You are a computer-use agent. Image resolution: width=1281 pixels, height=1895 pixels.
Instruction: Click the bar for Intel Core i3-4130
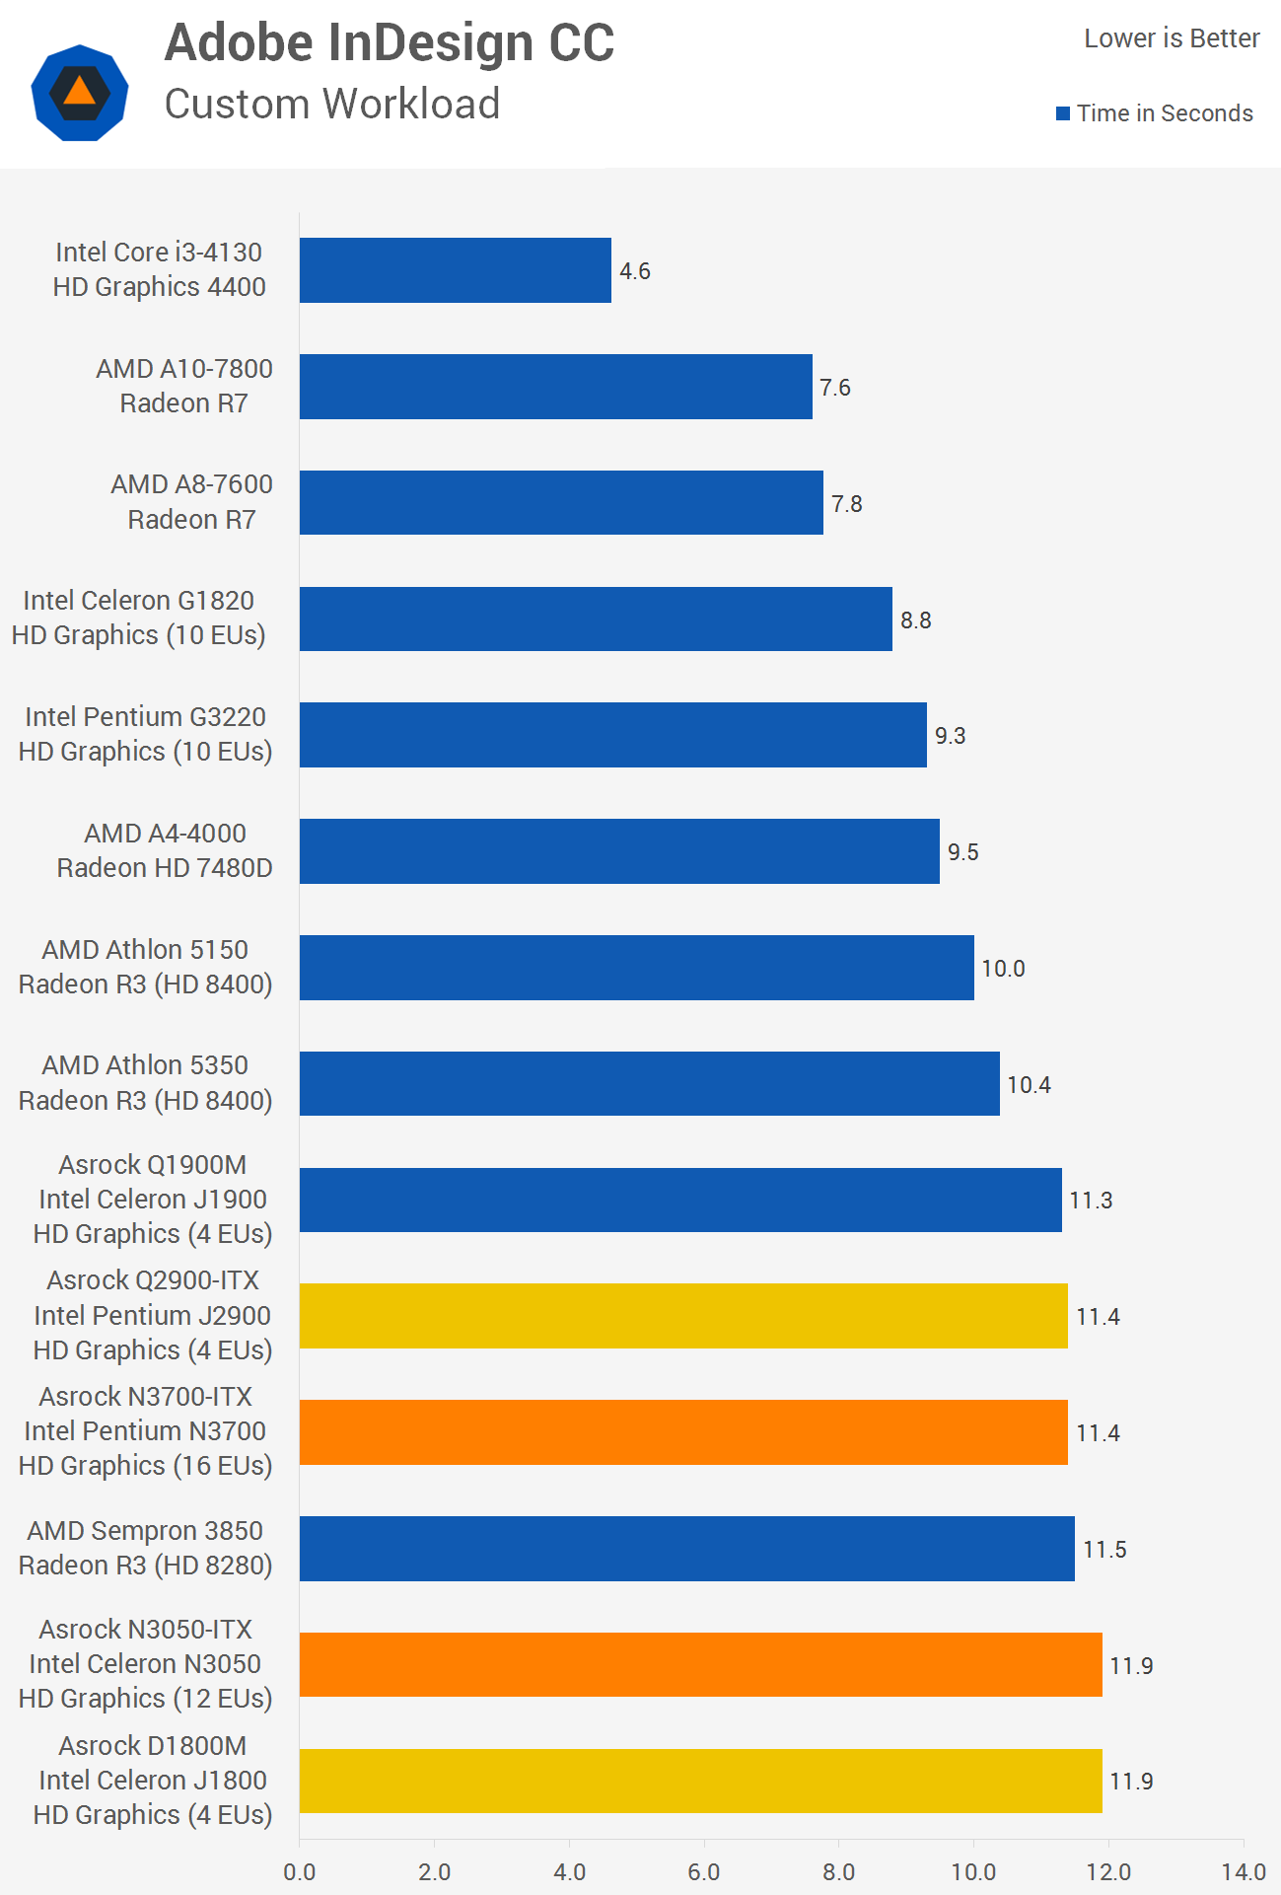(x=455, y=270)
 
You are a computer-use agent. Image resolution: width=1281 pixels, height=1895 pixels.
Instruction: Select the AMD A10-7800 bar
(x=555, y=387)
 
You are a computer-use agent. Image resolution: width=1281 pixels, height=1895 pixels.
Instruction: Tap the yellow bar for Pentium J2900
(x=682, y=1316)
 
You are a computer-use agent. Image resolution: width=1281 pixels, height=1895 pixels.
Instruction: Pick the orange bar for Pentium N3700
(x=682, y=1432)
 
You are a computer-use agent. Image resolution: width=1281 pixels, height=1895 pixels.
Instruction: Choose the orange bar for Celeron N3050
(x=700, y=1665)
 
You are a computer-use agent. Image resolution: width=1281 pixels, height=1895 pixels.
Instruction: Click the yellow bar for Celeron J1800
(x=700, y=1782)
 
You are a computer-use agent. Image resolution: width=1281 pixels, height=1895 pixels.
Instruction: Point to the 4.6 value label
(x=635, y=271)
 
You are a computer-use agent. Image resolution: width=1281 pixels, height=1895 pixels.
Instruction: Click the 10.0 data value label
(x=1003, y=969)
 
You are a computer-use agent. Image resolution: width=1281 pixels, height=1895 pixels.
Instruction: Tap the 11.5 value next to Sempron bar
(x=1104, y=1550)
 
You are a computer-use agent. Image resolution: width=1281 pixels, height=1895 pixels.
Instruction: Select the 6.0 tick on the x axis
(x=704, y=1871)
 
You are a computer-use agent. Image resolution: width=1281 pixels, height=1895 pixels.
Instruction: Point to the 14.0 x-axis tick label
(x=1243, y=1871)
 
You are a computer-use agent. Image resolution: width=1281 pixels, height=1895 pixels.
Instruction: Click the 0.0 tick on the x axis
(x=299, y=1871)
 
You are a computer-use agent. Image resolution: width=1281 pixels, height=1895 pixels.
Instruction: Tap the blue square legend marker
(x=1063, y=113)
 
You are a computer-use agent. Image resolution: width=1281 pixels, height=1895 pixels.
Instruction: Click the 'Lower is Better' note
(x=1172, y=38)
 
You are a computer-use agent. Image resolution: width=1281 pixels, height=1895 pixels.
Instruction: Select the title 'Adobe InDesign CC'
(x=390, y=43)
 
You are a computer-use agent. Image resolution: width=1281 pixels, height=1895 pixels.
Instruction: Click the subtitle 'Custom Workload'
(x=332, y=104)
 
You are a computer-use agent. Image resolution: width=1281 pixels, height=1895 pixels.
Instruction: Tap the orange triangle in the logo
(x=79, y=91)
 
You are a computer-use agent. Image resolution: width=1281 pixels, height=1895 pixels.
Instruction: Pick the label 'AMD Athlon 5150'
(x=145, y=949)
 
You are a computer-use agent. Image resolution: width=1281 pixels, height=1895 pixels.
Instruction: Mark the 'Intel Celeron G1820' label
(x=138, y=600)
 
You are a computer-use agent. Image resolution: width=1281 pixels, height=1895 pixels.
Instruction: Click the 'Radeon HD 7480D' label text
(x=165, y=868)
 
